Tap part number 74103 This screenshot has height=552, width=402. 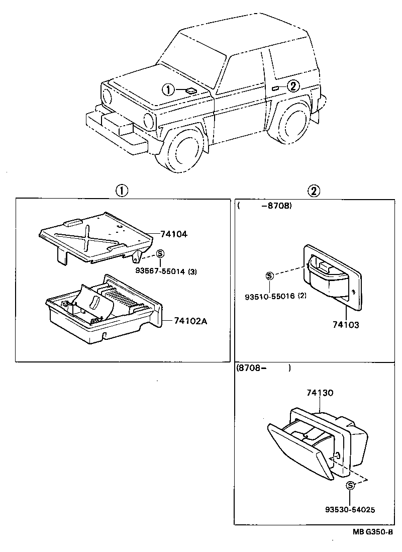(x=345, y=325)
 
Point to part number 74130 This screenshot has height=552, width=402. (x=320, y=393)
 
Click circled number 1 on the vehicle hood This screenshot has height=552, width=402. (x=168, y=90)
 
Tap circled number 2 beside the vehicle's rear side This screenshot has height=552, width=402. (x=293, y=86)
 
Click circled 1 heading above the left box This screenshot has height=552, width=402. (x=121, y=191)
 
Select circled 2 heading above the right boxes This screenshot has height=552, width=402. (x=313, y=191)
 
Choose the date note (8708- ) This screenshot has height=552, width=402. (x=263, y=368)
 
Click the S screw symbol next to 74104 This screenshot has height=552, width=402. (x=160, y=254)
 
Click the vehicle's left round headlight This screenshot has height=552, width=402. (x=107, y=95)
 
